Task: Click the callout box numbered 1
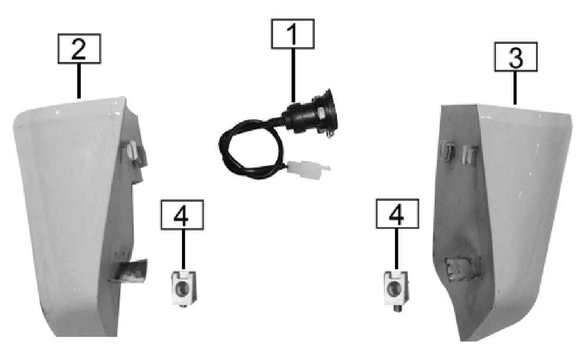tap(292, 34)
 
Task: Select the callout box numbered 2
tap(79, 49)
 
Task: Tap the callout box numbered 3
tap(515, 57)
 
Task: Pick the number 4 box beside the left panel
tap(182, 215)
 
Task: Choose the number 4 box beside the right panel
tap(397, 214)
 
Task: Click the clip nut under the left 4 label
tap(183, 289)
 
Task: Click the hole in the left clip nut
tap(183, 289)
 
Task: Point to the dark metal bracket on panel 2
tap(129, 271)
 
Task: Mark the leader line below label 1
tap(293, 76)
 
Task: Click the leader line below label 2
tap(79, 81)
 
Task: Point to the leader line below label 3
tap(515, 88)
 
